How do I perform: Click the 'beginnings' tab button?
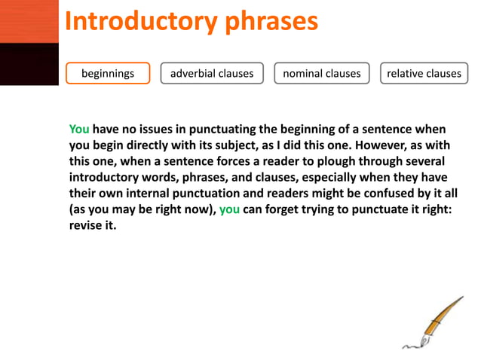coord(108,73)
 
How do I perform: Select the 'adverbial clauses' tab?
coord(212,73)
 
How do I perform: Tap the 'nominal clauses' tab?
coord(321,73)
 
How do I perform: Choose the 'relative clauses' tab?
coord(423,73)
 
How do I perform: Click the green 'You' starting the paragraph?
coord(79,128)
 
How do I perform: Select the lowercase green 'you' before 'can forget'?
coord(230,210)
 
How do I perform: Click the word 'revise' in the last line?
coord(86,227)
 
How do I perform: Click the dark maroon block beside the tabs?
coord(29,64)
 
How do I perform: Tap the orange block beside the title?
coord(29,21)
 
